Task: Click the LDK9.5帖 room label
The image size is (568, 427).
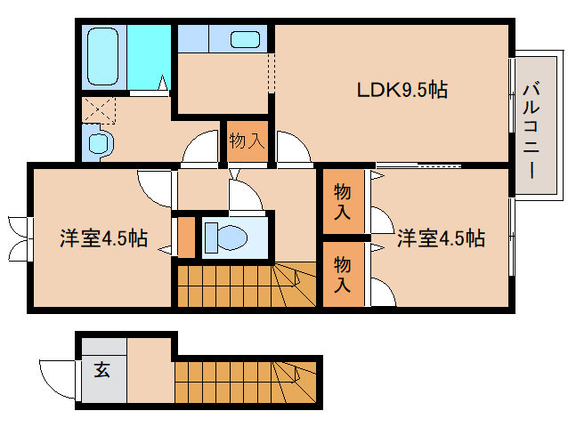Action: point(402,90)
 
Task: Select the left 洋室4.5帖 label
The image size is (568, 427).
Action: point(103,238)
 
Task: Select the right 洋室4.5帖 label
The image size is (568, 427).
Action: point(441,238)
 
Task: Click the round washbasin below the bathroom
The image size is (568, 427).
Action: point(98,143)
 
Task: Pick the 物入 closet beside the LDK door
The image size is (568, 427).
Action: point(246,141)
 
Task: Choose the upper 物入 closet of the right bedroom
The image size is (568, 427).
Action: point(342,202)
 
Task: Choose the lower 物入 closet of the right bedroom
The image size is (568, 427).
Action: point(342,274)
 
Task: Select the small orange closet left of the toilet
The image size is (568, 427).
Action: point(185,236)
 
